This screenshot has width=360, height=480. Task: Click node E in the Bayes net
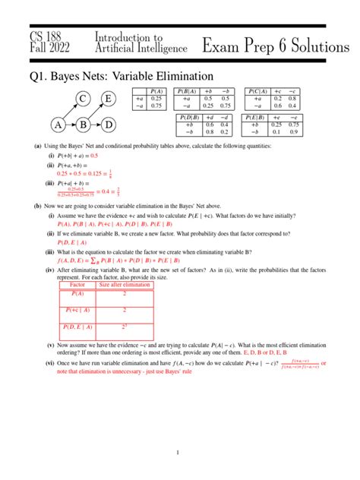(x=109, y=99)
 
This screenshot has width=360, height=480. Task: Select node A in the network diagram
(x=58, y=125)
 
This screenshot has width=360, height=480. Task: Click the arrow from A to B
(x=70, y=125)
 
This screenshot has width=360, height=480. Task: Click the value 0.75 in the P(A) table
(x=157, y=106)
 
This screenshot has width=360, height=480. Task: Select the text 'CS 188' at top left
(x=47, y=37)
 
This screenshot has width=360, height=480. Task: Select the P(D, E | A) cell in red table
(x=77, y=327)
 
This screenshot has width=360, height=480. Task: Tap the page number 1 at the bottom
(x=177, y=453)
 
